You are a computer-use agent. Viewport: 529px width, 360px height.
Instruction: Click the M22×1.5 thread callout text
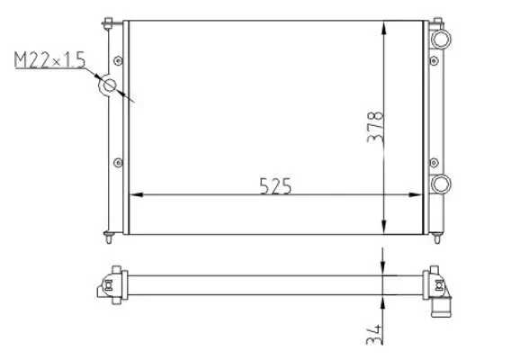click(49, 61)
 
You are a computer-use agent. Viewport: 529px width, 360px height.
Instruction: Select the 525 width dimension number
click(276, 185)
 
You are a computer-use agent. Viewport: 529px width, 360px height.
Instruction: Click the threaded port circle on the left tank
click(110, 86)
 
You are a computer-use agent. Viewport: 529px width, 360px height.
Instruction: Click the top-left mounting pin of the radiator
click(108, 22)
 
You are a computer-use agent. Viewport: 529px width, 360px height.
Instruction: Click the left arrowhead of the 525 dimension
click(138, 195)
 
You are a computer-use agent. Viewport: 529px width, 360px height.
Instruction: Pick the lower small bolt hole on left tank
click(117, 162)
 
